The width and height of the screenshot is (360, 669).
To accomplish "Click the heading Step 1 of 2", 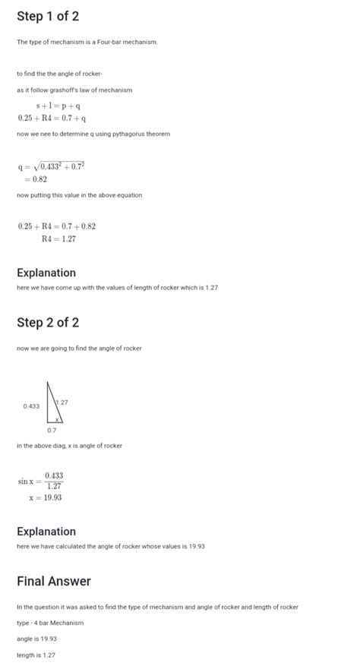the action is click(x=48, y=16).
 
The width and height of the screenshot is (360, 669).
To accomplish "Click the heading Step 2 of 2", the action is click(x=48, y=322).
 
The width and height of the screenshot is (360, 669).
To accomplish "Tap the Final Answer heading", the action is click(x=54, y=581).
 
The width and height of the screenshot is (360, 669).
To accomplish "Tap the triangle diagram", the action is click(x=54, y=402).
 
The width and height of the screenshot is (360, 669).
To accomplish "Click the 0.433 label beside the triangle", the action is click(x=31, y=406).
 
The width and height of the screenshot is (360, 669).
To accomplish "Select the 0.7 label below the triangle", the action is click(x=51, y=430).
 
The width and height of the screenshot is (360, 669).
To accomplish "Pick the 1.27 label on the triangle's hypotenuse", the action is click(x=61, y=402).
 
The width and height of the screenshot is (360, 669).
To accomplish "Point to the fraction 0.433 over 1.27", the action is click(x=54, y=481).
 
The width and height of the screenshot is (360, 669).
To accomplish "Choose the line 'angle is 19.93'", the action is click(x=36, y=639).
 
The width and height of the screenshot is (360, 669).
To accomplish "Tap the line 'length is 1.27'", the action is click(x=36, y=655).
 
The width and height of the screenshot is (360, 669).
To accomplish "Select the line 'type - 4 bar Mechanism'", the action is click(x=50, y=623).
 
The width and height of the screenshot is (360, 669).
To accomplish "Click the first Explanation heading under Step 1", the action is click(x=46, y=273).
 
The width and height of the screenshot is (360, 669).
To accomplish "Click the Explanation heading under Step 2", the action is click(x=46, y=532).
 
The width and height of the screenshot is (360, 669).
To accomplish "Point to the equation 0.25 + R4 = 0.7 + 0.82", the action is click(x=57, y=226).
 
